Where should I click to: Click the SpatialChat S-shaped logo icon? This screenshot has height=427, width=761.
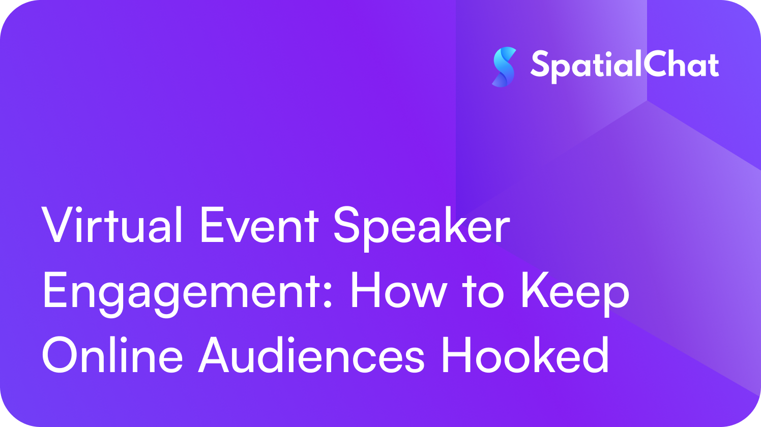point(504,67)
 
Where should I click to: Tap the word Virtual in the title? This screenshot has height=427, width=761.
point(112,225)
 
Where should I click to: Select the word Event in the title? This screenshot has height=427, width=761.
point(260,226)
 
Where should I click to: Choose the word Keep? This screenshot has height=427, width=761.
point(575,295)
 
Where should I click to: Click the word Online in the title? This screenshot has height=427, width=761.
point(112,354)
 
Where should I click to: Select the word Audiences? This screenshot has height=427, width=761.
point(311,354)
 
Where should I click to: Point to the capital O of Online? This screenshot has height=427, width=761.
point(61,355)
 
